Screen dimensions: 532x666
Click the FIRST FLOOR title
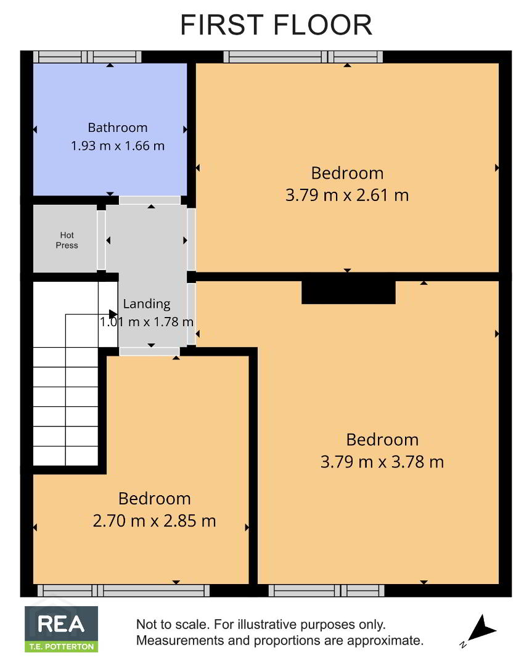pyautogui.click(x=276, y=25)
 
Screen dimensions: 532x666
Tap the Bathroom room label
pyautogui.click(x=118, y=128)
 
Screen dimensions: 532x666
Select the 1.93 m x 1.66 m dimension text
pyautogui.click(x=118, y=146)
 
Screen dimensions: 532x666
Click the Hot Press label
pyautogui.click(x=67, y=240)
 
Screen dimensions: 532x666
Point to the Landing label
pyautogui.click(x=147, y=303)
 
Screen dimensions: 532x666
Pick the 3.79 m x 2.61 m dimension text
pyautogui.click(x=347, y=195)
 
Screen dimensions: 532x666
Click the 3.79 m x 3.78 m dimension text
pyautogui.click(x=382, y=462)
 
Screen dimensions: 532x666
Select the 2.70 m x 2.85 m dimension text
pyautogui.click(x=155, y=520)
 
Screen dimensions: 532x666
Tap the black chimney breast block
pyautogui.click(x=348, y=292)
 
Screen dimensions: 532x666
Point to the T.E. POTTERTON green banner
pyautogui.click(x=62, y=647)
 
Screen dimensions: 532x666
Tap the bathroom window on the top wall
pyautogui.click(x=88, y=57)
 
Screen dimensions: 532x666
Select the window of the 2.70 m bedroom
pyautogui.click(x=123, y=590)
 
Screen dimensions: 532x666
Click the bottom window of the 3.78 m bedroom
pyautogui.click(x=327, y=590)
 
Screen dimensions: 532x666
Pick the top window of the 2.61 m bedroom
pyautogui.click(x=303, y=57)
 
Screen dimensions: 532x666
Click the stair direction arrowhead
pyautogui.click(x=113, y=314)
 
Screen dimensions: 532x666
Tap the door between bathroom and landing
pyautogui.click(x=150, y=200)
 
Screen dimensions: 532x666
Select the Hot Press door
pyautogui.click(x=101, y=240)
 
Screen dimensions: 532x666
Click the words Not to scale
pyautogui.click(x=173, y=624)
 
